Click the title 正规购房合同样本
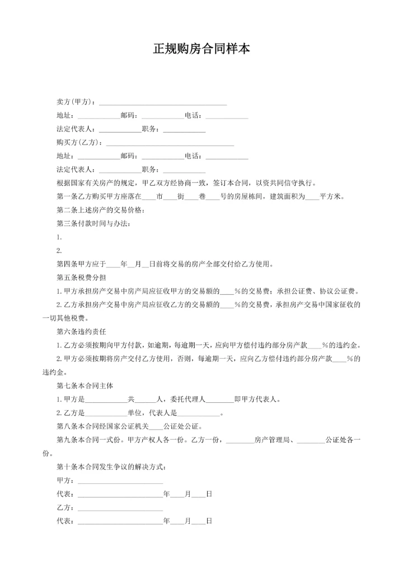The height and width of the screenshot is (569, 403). (201, 49)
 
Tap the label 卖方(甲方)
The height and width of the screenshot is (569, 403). (76, 102)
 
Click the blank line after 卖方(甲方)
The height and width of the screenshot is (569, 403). (162, 103)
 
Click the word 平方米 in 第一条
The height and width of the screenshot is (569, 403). (330, 196)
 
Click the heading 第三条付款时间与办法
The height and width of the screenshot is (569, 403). (95, 224)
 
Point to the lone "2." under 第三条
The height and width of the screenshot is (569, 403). (59, 251)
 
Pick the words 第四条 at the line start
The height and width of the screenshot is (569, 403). (67, 264)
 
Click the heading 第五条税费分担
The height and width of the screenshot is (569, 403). (82, 278)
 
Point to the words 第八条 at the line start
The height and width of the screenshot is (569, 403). (67, 426)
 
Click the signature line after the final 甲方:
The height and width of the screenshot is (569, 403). (120, 481)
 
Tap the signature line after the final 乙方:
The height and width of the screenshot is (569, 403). (120, 508)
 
